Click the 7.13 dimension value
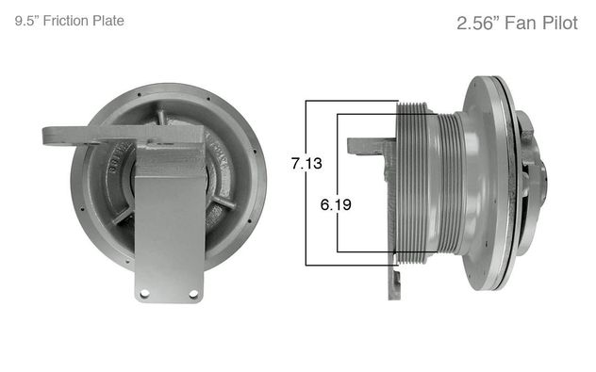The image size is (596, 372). pyautogui.click(x=306, y=163)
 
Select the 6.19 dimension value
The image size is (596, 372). pyautogui.click(x=336, y=204)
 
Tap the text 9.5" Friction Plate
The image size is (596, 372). pyautogui.click(x=70, y=21)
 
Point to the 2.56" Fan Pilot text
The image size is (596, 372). pyautogui.click(x=518, y=24)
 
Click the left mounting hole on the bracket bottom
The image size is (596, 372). pyautogui.click(x=144, y=294)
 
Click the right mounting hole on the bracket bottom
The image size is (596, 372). pyautogui.click(x=193, y=294)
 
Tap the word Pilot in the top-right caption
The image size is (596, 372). pyautogui.click(x=560, y=24)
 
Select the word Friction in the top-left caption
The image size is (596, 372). pyautogui.click(x=62, y=21)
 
